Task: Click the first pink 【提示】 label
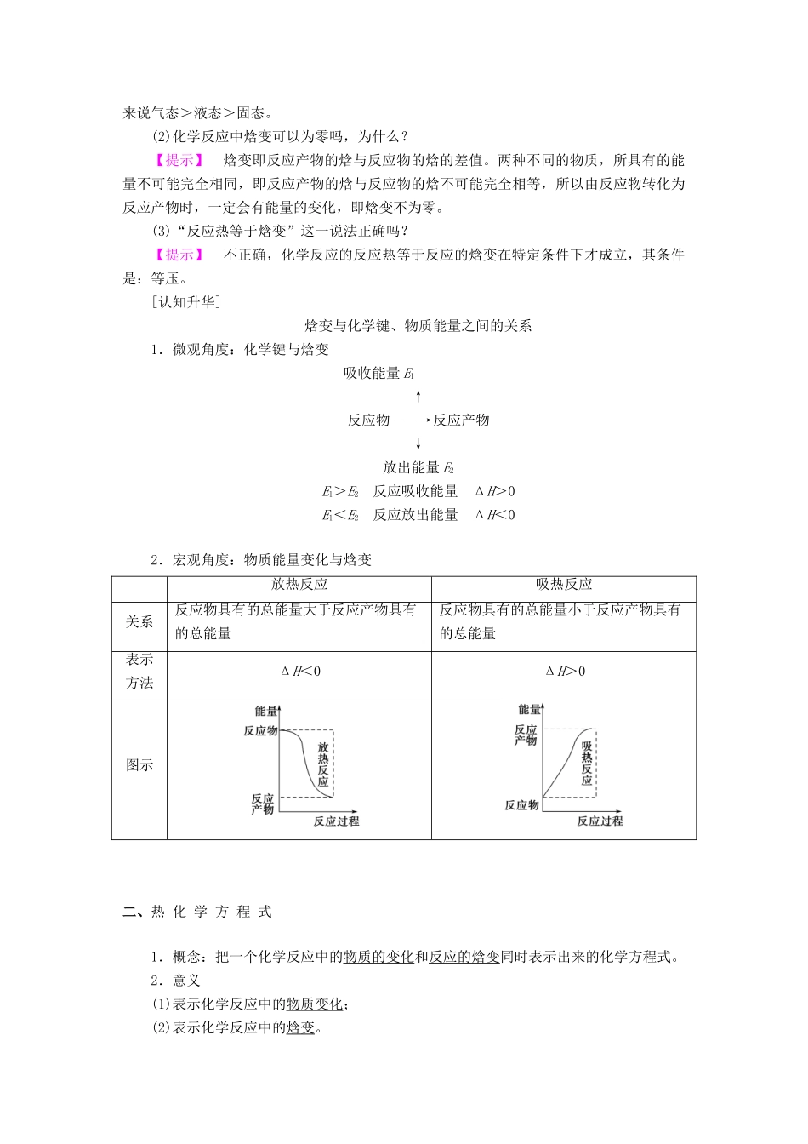pyautogui.click(x=178, y=159)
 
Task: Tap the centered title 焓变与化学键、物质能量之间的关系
pyautogui.click(x=418, y=325)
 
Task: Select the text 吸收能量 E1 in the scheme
pyautogui.click(x=378, y=373)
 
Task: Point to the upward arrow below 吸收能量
pyautogui.click(x=418, y=396)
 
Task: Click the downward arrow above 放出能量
pyautogui.click(x=418, y=443)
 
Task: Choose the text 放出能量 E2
pyautogui.click(x=418, y=467)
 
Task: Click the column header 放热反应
pyautogui.click(x=299, y=585)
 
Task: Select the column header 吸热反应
pyautogui.click(x=564, y=585)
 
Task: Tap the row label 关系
pyautogui.click(x=139, y=621)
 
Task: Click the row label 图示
pyautogui.click(x=139, y=764)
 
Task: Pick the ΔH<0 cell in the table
pyautogui.click(x=300, y=672)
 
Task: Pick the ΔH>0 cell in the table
pyautogui.click(x=565, y=672)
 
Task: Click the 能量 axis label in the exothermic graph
pyautogui.click(x=265, y=710)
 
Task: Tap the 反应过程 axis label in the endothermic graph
pyautogui.click(x=600, y=821)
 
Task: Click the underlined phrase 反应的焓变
pyautogui.click(x=464, y=957)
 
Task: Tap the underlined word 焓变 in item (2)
pyautogui.click(x=300, y=1027)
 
